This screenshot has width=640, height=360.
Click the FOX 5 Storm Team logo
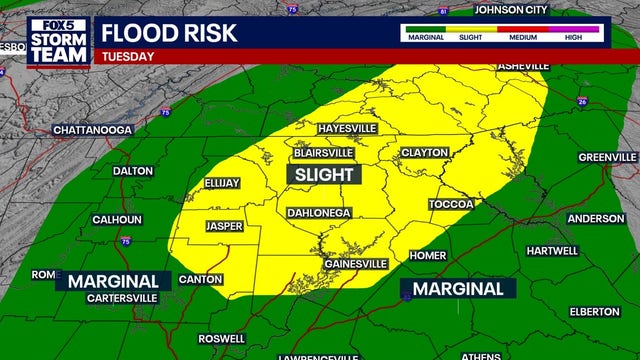coord(59,40)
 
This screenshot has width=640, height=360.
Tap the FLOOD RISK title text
coord(169,32)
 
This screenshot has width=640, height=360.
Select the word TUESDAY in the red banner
coord(129,57)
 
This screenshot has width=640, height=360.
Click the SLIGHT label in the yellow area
coord(324,175)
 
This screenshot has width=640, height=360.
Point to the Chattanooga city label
coord(92,131)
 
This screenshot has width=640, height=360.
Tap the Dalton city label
coord(132,171)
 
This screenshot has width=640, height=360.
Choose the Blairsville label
coord(323,153)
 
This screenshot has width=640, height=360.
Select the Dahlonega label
coord(319,213)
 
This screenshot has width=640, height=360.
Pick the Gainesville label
coord(355,264)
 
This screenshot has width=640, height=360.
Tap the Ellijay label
coord(222,183)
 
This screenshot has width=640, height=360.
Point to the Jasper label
coord(224,226)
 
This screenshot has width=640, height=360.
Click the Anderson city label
coord(596,218)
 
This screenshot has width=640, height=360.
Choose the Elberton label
coord(594,311)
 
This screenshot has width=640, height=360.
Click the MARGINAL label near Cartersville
coord(113,281)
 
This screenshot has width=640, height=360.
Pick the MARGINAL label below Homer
coord(458,289)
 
